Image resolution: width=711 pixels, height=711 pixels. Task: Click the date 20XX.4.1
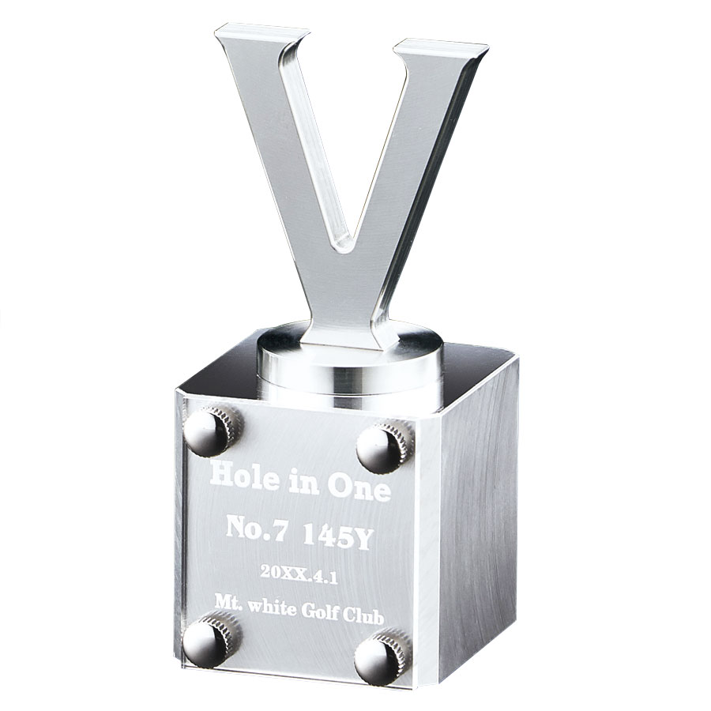click(x=299, y=575)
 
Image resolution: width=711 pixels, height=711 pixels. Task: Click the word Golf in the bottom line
click(x=314, y=612)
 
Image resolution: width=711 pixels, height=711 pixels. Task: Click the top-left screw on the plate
click(x=213, y=431)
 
